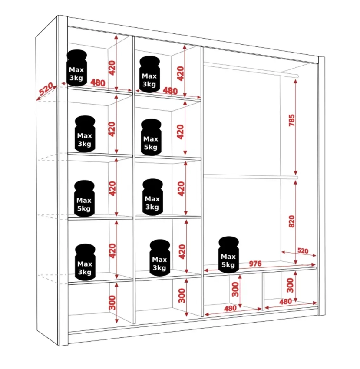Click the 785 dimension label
tap(291, 120)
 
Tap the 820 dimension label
tap(291, 221)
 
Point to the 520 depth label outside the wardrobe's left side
tap(46, 91)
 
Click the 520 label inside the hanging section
tap(303, 250)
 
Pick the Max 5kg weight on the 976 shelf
tap(228, 255)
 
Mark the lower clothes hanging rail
tap(251, 177)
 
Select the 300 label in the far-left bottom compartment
tap(112, 303)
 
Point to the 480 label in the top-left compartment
tap(98, 82)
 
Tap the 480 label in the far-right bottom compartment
tap(285, 302)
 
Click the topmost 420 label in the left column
tap(112, 68)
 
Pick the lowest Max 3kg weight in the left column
tap(85, 262)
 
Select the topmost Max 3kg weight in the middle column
tap(149, 74)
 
